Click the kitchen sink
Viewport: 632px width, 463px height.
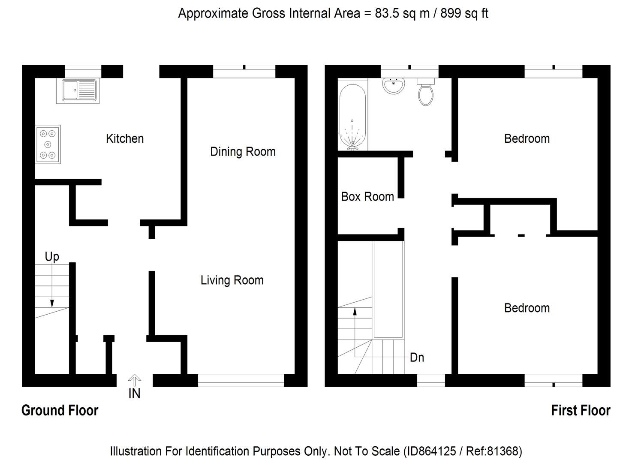78,91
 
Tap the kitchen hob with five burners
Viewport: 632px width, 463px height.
48,144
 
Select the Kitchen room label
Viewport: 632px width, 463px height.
125,138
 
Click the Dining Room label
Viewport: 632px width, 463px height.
243,151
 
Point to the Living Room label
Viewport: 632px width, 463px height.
232,280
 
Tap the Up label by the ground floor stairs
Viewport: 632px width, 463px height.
52,256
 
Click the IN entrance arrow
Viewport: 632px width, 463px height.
135,380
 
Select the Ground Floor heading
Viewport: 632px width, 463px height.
60,410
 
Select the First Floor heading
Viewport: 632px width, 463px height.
581,410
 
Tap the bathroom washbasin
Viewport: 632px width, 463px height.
394,86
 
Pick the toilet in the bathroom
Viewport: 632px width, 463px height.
425,93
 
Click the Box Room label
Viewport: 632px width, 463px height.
367,196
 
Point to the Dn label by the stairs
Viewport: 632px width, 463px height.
417,358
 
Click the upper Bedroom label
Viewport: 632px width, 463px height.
527,138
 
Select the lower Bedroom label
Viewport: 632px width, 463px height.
527,308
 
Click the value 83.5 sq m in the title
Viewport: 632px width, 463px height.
402,13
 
